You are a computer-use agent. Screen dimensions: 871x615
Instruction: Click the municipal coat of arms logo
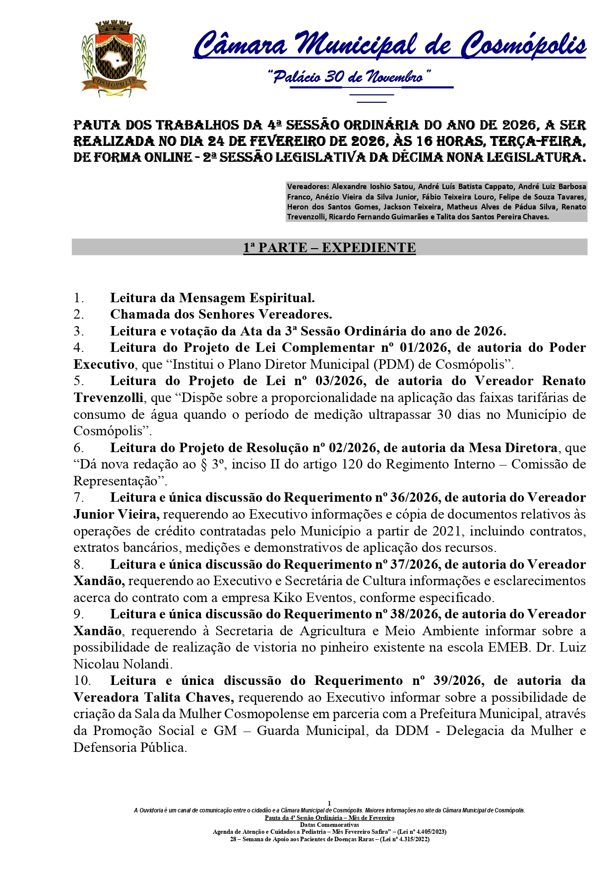point(115,59)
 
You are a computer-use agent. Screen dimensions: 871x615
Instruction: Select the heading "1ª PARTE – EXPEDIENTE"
point(329,248)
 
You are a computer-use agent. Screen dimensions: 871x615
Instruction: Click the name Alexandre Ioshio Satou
point(372,187)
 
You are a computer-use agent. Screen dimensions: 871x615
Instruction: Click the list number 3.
point(78,332)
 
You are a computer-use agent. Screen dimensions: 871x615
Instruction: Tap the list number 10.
point(82,681)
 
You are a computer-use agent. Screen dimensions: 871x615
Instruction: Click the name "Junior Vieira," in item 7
point(117,515)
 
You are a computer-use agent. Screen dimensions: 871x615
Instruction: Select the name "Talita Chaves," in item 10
point(189,698)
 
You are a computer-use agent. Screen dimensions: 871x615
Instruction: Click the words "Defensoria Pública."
point(130,748)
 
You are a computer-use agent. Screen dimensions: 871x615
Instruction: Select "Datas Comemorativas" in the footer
point(329,825)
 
